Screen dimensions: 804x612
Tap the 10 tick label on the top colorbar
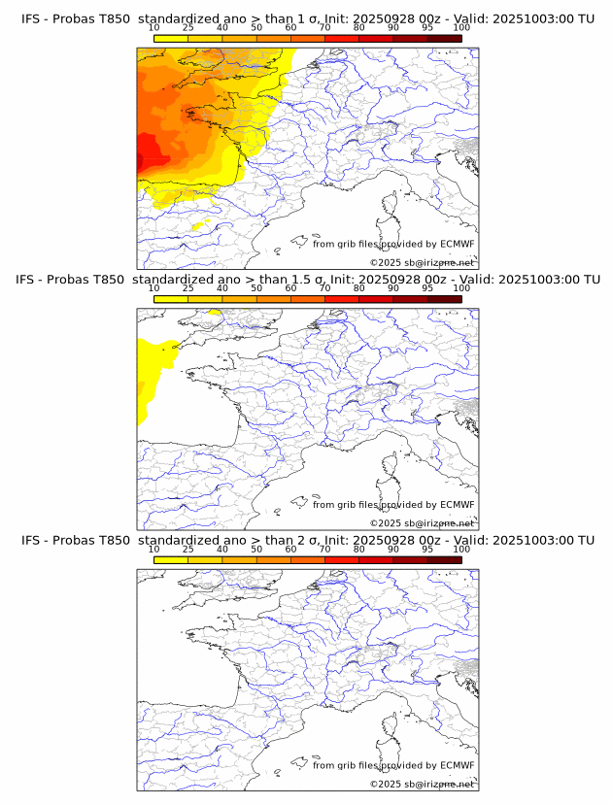coord(153,28)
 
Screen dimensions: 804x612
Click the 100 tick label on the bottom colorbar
coord(461,550)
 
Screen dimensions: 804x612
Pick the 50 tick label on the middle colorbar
coord(256,288)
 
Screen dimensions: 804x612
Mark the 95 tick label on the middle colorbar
coord(427,288)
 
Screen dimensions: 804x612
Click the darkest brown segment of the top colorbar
coord(444,38)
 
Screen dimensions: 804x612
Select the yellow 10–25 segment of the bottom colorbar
coord(171,559)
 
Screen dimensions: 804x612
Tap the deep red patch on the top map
coord(149,155)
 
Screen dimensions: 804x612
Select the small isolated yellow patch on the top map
coord(202,226)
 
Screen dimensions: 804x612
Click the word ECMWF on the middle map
coord(457,504)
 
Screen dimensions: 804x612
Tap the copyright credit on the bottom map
coord(422,784)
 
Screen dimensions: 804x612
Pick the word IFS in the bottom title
coord(31,540)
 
